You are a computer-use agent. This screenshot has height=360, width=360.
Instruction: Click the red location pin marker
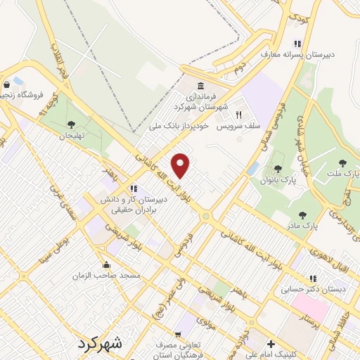181,166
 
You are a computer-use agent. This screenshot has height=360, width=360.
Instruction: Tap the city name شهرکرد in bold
98,345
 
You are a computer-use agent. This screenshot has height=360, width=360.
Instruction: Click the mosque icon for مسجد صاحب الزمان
105,265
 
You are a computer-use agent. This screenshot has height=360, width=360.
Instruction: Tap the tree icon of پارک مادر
303,216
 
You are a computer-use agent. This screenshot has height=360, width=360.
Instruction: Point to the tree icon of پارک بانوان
279,169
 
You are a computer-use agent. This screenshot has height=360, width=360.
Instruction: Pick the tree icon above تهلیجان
71,124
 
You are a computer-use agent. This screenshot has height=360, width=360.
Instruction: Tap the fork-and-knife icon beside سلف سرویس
238,114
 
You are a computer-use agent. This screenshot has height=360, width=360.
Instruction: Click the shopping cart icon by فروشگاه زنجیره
19,82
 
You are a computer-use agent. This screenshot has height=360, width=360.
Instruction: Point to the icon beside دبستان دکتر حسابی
313,278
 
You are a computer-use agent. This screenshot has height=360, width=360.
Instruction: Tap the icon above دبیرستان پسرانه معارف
298,42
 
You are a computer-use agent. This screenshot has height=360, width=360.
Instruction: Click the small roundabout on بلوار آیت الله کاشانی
205,216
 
